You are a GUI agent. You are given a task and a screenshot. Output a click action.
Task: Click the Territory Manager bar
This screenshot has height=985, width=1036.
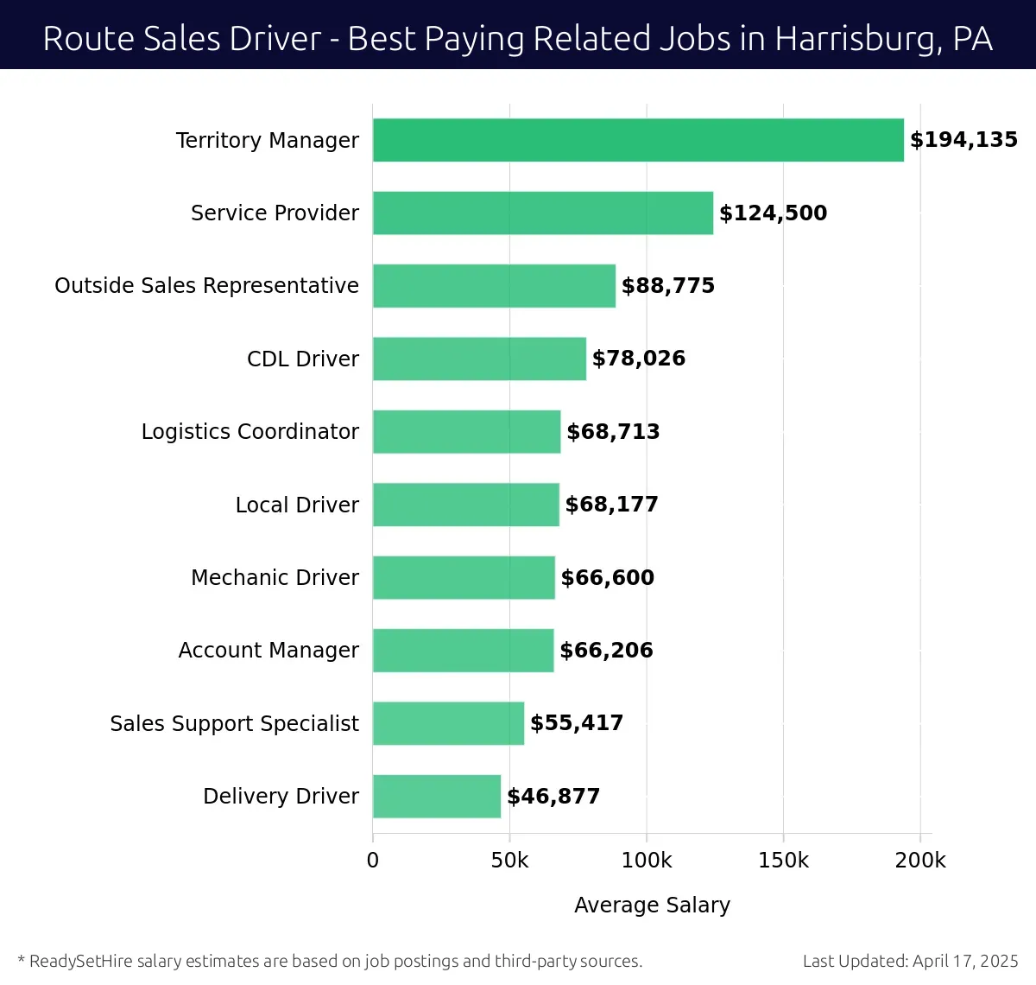pos(638,140)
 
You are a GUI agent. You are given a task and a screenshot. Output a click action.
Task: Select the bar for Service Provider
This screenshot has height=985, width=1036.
pos(543,213)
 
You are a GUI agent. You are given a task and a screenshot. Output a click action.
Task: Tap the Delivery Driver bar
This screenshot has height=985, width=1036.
pos(437,796)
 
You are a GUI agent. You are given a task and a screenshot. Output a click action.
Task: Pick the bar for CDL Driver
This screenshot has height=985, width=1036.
pos(479,359)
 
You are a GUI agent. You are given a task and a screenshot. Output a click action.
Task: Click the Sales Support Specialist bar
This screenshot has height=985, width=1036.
pos(448,723)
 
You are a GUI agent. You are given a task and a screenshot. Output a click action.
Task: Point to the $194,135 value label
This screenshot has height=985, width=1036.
pos(963,140)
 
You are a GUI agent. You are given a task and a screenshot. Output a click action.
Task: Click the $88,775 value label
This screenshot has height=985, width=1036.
pos(668,286)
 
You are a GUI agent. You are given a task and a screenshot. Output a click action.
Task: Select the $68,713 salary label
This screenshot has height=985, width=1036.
pos(613,432)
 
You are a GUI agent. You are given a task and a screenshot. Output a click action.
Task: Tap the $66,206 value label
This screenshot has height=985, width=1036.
pos(606,651)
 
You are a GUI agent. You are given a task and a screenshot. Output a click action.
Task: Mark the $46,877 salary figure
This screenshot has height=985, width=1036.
pos(553,797)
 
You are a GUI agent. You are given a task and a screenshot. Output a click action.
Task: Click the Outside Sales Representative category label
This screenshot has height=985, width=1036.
pos(206,286)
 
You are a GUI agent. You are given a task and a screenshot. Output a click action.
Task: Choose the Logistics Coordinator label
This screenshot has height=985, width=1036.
pos(250,432)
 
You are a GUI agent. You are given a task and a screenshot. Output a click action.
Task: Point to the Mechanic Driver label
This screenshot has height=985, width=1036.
pos(275,577)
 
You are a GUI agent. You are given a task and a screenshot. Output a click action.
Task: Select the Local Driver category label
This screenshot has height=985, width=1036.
pos(297,505)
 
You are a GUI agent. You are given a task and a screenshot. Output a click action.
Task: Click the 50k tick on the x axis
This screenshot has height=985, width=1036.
pos(509,861)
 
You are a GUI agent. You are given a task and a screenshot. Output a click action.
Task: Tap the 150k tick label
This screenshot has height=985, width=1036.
pos(783,861)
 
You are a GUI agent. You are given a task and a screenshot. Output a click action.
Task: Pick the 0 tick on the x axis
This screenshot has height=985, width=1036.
pos(373,861)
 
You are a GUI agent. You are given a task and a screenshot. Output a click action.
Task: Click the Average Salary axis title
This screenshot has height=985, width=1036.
pos(652,905)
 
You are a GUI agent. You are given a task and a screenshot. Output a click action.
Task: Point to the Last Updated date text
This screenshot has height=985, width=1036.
pos(910,961)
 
